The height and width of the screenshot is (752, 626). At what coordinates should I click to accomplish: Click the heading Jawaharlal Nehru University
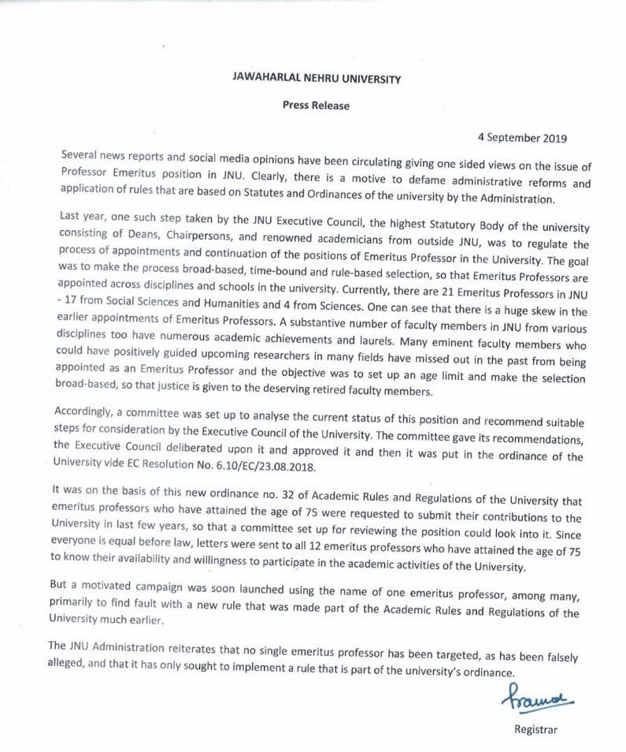pos(313,79)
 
